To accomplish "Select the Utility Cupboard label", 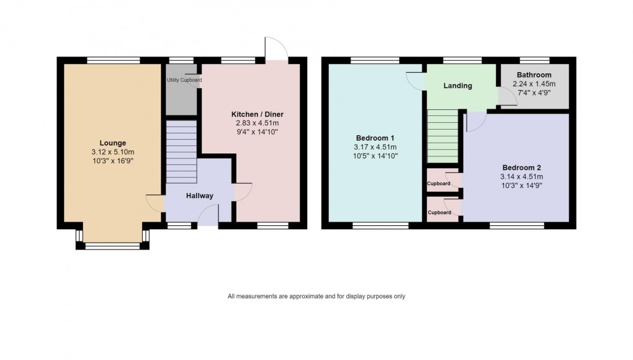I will (184, 80).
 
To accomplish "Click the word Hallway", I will (199, 196).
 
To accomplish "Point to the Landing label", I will (457, 86).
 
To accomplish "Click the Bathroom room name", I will (534, 75).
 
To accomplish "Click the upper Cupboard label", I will (439, 184).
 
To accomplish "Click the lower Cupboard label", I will (439, 212).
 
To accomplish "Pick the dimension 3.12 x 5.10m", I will (112, 151).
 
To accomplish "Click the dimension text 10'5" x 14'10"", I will (375, 156).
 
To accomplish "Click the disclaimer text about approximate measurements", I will (316, 297).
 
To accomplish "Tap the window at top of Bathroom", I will (534, 60).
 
